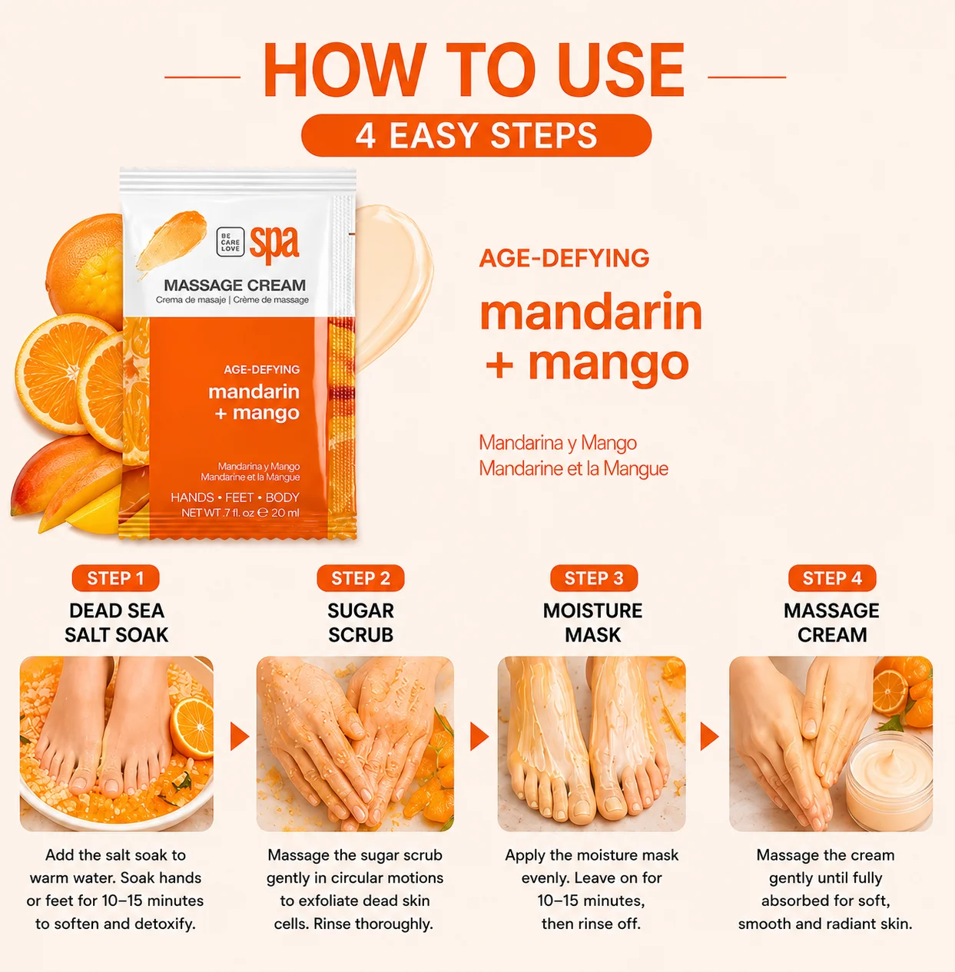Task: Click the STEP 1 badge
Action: pos(115,578)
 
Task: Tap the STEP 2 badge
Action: pos(360,578)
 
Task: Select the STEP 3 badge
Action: pos(594,578)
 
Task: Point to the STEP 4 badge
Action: pos(832,578)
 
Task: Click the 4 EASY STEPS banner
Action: pos(476,135)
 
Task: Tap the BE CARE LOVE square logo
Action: pos(230,242)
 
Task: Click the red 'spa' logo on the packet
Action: pos(274,244)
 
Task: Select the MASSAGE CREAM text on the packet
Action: pos(234,286)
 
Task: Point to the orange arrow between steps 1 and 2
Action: pos(239,736)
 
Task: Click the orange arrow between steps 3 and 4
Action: pos(709,736)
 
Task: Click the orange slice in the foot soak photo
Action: pos(192,727)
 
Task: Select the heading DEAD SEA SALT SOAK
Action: pos(117,623)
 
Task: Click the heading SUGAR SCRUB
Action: pos(360,623)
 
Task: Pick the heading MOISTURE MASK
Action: pos(593,623)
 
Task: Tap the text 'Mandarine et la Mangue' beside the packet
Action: pos(573,468)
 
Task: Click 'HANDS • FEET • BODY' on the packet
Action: pos(235,498)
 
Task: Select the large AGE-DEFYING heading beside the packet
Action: pos(564,258)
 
